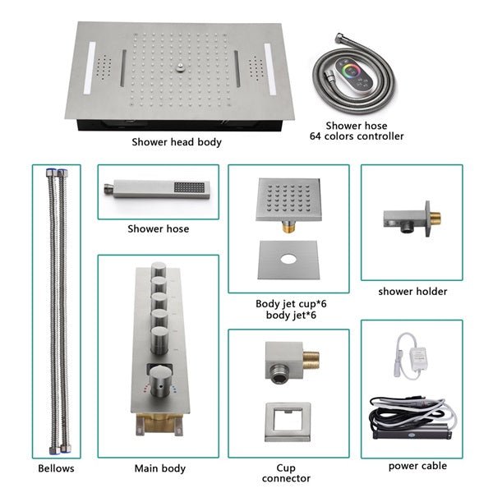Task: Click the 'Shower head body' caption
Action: point(177,142)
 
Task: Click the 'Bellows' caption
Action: point(56,468)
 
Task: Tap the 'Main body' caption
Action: point(159,468)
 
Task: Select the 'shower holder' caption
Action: point(412,291)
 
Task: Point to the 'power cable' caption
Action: point(417,466)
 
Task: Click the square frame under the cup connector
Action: point(288,419)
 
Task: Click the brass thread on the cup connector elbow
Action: point(310,359)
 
